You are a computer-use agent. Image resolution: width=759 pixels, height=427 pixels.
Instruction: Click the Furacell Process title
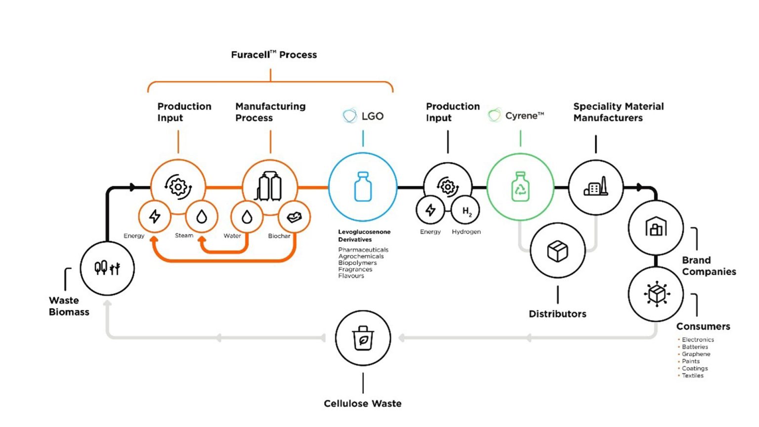274,55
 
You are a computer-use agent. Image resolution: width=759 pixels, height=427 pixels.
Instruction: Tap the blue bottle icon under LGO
363,186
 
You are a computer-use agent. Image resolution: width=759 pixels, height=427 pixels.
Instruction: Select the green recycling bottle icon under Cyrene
520,186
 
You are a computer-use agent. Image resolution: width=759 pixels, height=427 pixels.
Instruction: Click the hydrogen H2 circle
465,211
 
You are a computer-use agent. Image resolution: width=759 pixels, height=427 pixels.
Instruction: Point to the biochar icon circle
294,216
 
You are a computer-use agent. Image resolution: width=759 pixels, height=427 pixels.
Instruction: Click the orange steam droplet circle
201,216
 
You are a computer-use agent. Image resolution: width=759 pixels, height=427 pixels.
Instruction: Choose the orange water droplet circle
247,216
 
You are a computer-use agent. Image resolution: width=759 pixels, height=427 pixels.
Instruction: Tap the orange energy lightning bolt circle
155,216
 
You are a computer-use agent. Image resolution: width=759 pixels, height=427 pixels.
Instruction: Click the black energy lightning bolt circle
430,210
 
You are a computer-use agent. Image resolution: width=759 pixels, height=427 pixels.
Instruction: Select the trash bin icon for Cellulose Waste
363,338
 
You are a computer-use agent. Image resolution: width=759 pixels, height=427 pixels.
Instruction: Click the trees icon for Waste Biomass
107,268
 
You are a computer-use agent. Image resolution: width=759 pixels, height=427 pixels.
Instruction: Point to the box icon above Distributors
557,251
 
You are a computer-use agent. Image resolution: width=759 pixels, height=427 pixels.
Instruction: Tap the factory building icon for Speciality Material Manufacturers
595,187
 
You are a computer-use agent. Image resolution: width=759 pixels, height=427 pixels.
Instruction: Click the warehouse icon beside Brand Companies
656,227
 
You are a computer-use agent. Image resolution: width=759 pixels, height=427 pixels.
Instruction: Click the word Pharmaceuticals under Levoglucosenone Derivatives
363,250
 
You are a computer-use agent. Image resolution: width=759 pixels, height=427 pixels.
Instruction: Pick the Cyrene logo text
524,116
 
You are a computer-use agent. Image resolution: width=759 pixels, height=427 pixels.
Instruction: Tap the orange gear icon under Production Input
178,187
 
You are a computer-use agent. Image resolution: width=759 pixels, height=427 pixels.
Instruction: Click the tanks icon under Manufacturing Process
269,187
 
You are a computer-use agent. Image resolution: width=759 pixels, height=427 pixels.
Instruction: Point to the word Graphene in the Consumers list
696,354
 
